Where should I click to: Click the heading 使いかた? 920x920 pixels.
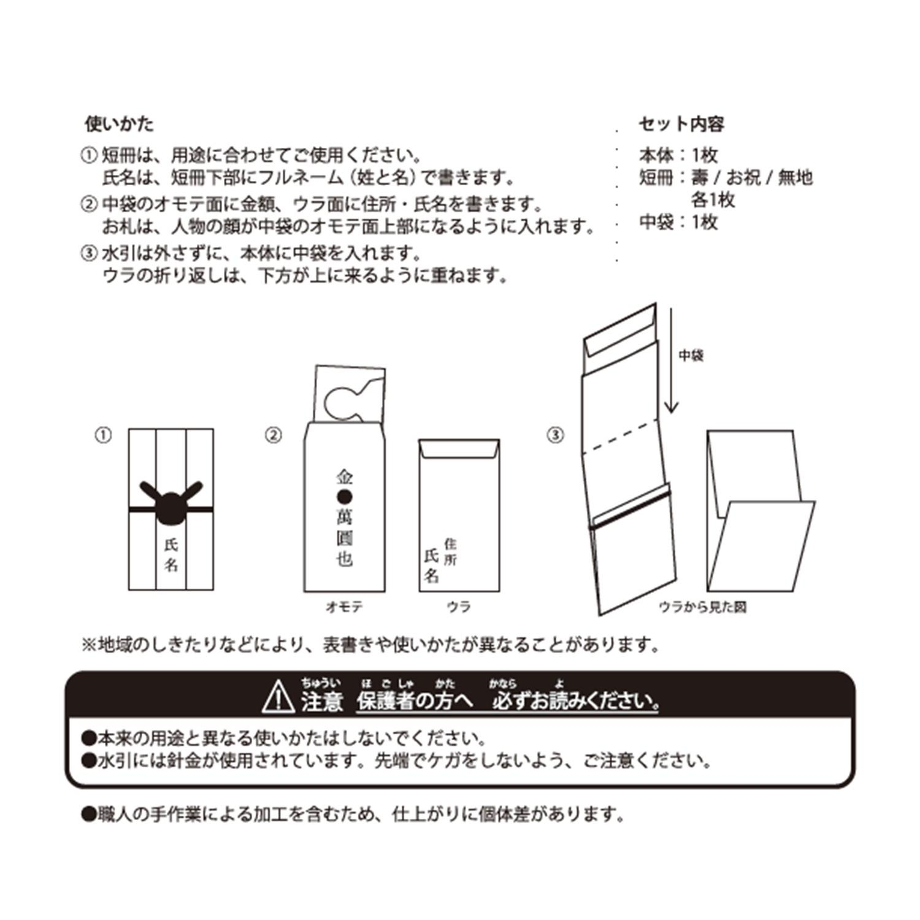click(119, 125)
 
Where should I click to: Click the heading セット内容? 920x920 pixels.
click(681, 125)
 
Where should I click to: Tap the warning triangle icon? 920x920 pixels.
click(278, 697)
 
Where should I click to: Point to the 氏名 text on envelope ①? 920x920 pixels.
click(171, 554)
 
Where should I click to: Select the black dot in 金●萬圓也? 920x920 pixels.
click(344, 496)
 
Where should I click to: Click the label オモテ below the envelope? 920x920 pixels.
click(343, 607)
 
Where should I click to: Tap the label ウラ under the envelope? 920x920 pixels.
click(459, 607)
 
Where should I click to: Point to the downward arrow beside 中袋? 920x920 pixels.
click(672, 360)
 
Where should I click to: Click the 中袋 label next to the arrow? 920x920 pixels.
click(691, 356)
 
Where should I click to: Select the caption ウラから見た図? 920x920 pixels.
click(702, 607)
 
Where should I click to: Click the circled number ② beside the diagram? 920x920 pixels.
click(273, 435)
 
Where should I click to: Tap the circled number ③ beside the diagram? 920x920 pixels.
click(554, 435)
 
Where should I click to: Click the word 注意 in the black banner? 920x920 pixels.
click(321, 702)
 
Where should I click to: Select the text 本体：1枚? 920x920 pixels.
click(678, 155)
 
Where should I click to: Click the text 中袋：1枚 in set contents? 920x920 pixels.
click(678, 221)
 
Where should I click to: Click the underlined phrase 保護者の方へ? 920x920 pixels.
click(415, 702)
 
